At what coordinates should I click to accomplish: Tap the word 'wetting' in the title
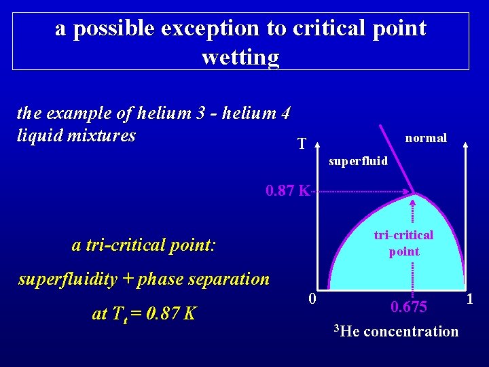240,56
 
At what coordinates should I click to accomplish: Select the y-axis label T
302,143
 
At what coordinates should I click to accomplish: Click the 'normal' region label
426,138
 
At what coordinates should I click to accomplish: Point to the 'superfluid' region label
358,161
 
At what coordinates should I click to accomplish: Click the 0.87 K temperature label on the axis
287,190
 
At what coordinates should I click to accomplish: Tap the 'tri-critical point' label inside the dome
403,243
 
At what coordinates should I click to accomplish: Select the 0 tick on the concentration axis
310,298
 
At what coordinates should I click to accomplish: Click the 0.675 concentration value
409,307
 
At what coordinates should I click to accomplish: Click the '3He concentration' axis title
396,332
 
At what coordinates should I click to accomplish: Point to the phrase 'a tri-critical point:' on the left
143,245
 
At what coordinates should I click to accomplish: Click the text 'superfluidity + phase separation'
144,279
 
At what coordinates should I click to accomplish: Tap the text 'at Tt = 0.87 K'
145,314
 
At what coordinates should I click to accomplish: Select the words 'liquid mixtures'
76,135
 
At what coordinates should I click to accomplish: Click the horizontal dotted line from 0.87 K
357,192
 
